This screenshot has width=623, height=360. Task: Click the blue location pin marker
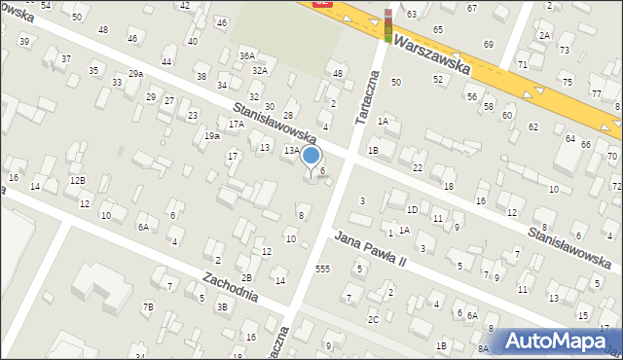311,157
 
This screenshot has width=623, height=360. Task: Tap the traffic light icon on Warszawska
388,26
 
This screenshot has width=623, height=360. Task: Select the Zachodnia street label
230,285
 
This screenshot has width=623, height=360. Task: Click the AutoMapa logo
556,340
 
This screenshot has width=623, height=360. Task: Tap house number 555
322,268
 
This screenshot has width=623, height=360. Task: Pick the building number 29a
135,74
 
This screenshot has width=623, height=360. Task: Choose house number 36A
247,56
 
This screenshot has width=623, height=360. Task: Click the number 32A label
259,70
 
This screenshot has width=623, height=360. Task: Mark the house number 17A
236,125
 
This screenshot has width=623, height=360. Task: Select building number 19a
211,136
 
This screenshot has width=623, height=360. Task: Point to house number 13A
291,151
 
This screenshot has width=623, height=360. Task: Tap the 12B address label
76,181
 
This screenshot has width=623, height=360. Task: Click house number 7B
148,307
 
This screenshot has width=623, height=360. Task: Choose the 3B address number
222,307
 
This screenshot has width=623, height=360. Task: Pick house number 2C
373,319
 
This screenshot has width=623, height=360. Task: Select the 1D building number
413,209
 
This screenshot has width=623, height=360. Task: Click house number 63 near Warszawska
412,14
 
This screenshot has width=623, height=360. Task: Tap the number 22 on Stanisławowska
417,168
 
